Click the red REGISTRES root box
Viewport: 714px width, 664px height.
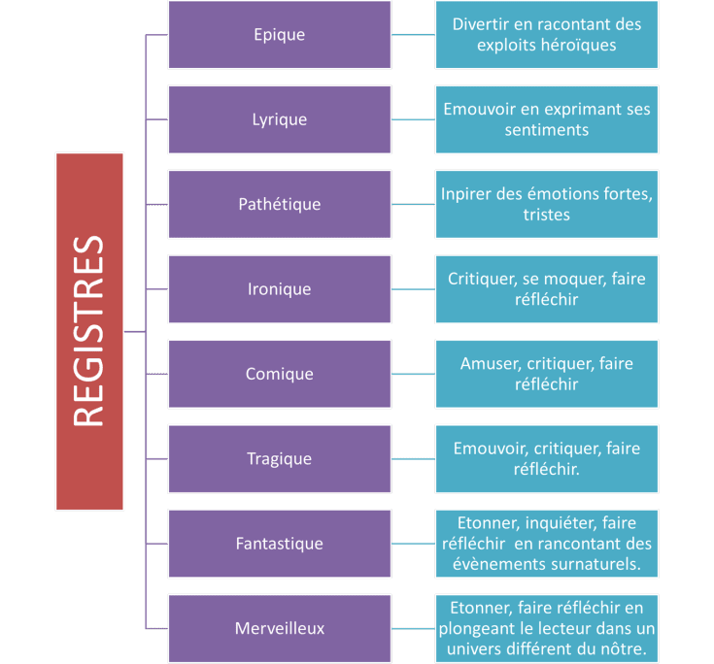[89, 331]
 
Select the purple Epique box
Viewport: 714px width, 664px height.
[279, 35]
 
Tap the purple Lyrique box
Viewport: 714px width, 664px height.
[279, 119]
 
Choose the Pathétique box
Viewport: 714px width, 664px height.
[279, 204]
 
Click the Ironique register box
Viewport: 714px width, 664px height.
[279, 289]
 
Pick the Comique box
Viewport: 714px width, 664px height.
[279, 374]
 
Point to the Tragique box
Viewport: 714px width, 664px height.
[279, 458]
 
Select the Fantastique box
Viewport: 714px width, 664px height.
[279, 544]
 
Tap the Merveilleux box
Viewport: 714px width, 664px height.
[279, 628]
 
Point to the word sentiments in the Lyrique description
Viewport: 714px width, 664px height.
[546, 130]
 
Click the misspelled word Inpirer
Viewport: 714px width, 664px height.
[470, 194]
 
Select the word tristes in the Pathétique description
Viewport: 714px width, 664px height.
[546, 215]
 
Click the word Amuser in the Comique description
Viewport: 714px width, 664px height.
[487, 364]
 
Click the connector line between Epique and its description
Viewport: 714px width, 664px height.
[413, 35]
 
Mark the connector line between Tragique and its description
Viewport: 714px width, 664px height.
[413, 458]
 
